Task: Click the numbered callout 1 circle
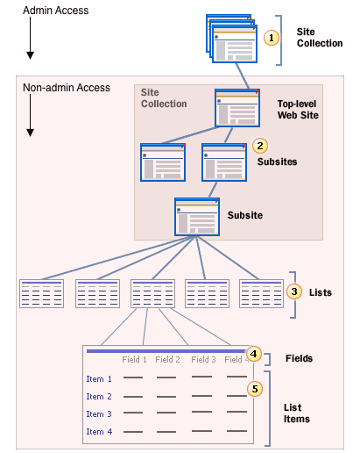(x=272, y=38)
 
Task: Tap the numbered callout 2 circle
(x=258, y=145)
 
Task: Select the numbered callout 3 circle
(x=295, y=291)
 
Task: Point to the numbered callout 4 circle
(x=253, y=354)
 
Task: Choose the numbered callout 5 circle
(x=255, y=387)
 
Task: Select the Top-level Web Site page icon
(x=237, y=108)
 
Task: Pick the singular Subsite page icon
(x=196, y=216)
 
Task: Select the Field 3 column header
(x=203, y=359)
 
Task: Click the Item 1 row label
(x=99, y=379)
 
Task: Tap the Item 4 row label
(x=99, y=431)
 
